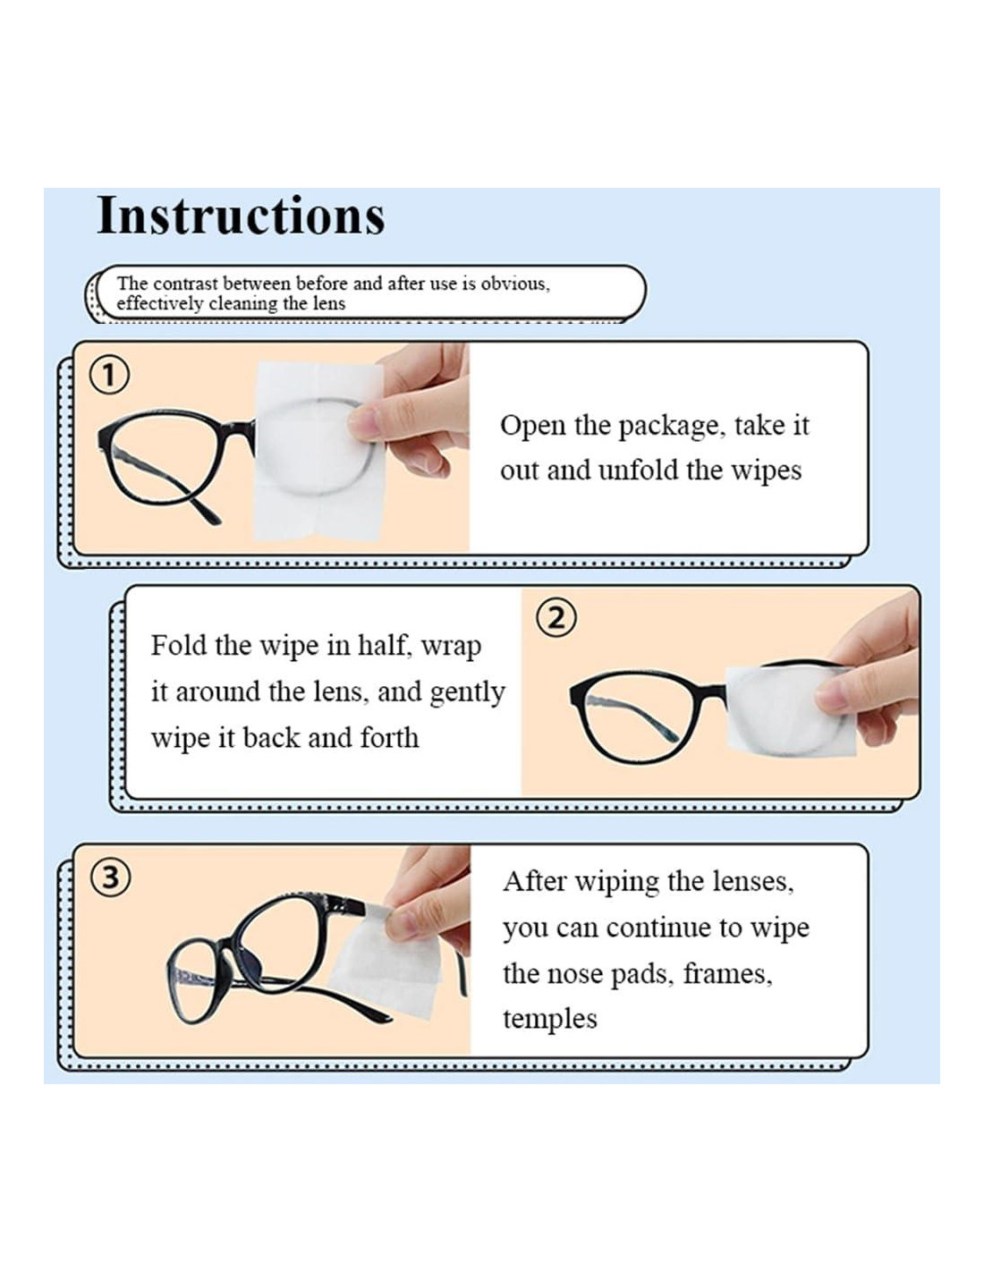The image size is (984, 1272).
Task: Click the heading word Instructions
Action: pos(241,215)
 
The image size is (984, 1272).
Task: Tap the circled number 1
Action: pos(109,375)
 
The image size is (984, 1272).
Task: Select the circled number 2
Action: pos(556,618)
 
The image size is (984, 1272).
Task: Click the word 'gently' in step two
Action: pos(467,694)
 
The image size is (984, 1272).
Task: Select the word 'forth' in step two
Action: pos(389,738)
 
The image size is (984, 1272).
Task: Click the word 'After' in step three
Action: pos(535,882)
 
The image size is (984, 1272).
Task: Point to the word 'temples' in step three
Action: pos(549,1020)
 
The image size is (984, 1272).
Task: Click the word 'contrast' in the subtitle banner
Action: pos(185,284)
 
